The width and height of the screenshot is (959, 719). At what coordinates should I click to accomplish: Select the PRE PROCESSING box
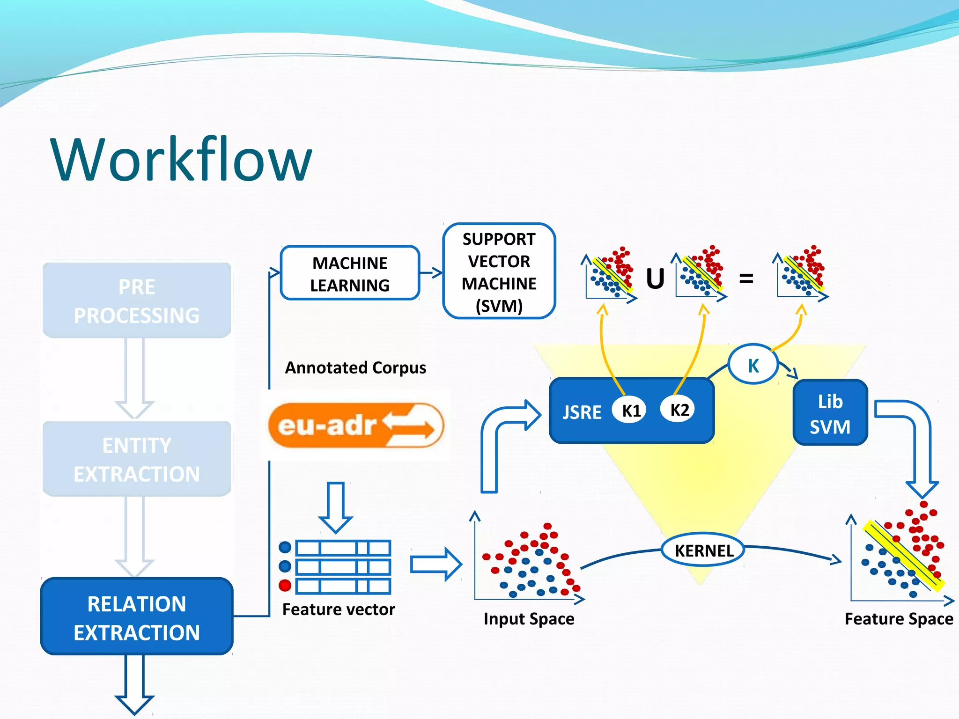coord(137,301)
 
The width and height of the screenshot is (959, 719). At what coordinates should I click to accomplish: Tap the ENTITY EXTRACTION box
coord(137,459)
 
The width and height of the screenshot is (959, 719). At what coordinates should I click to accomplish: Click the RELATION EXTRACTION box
coord(137,617)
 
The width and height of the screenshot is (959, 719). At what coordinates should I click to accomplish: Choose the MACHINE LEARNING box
coord(350,273)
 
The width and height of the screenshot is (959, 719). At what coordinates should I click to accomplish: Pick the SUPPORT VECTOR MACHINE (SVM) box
coord(499,271)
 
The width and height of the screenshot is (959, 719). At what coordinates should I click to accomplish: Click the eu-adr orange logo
coord(356,425)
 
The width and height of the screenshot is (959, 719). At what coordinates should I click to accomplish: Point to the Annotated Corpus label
coord(355,368)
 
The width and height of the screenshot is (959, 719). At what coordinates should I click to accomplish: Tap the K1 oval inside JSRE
coord(630,411)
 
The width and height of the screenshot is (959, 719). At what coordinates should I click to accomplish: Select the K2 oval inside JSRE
coord(679,410)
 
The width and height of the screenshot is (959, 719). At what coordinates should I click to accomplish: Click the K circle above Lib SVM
coord(752,365)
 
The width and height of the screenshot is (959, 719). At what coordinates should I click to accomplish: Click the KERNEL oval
coord(703,550)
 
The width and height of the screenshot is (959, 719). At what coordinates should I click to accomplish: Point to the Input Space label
coord(529,619)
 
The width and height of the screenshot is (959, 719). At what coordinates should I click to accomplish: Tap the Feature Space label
coord(899,619)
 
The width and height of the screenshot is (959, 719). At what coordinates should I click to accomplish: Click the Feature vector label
coord(339,609)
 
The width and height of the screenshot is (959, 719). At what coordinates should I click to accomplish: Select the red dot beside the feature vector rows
coord(285,585)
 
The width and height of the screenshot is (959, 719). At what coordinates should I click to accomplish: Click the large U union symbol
coord(655,279)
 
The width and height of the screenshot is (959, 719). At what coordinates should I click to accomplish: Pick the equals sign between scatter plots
coord(746,279)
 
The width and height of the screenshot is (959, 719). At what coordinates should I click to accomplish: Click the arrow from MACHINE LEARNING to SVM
coord(431,272)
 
